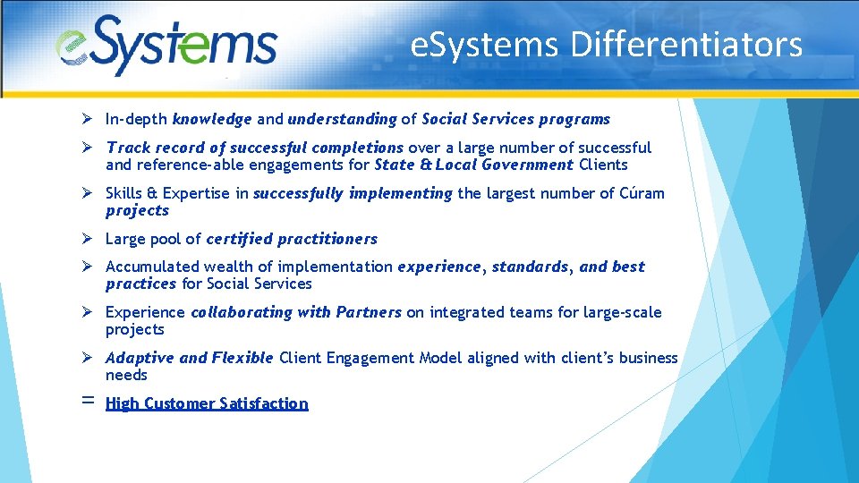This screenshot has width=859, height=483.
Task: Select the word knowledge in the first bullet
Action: [212, 119]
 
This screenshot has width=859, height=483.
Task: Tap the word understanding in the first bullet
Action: [342, 119]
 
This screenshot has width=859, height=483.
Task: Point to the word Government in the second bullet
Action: [527, 165]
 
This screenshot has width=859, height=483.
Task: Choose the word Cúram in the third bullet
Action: [642, 193]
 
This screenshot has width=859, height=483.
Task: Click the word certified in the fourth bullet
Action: [239, 239]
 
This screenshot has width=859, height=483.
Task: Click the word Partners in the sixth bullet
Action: [369, 312]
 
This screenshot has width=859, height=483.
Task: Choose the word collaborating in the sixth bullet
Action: [229, 312]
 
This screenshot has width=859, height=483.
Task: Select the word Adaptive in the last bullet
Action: [140, 358]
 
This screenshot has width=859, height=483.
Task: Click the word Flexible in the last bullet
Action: [242, 358]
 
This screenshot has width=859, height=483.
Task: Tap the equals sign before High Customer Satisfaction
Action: [88, 402]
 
